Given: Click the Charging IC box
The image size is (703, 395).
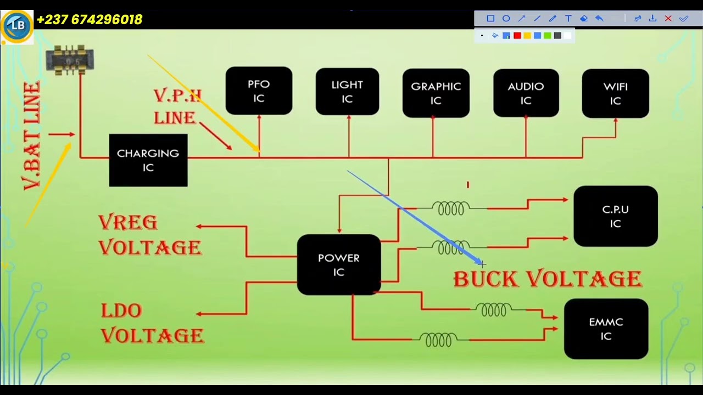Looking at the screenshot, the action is click(148, 160).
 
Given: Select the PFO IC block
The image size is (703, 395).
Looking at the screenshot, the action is click(259, 91).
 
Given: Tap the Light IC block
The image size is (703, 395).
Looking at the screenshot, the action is click(348, 92).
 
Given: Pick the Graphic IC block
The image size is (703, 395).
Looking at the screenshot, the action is click(436, 93).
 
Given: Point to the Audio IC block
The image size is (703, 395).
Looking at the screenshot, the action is click(526, 93).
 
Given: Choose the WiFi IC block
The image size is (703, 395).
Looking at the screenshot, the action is click(616, 93).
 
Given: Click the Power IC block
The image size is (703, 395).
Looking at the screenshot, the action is click(339, 264).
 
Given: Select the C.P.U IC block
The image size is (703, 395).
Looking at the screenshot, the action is click(616, 216).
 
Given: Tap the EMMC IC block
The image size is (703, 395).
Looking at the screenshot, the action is click(606, 329).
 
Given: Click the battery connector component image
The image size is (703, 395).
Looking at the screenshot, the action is click(70, 60).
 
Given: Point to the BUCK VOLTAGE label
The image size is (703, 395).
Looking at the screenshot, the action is click(548, 279).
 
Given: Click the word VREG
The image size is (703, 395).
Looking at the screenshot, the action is click(128, 223).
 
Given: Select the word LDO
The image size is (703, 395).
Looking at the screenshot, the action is click(122, 311).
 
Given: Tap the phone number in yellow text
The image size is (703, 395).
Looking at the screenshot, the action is click(90, 19).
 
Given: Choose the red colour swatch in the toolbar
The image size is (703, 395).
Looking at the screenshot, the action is click(517, 36).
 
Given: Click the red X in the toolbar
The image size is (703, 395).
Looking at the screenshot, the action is click(668, 19).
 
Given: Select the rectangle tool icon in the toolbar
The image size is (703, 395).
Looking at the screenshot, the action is click(490, 19).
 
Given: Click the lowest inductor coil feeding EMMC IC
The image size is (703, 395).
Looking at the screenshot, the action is click(438, 340).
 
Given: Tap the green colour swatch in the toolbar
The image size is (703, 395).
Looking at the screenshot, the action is click(548, 36).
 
